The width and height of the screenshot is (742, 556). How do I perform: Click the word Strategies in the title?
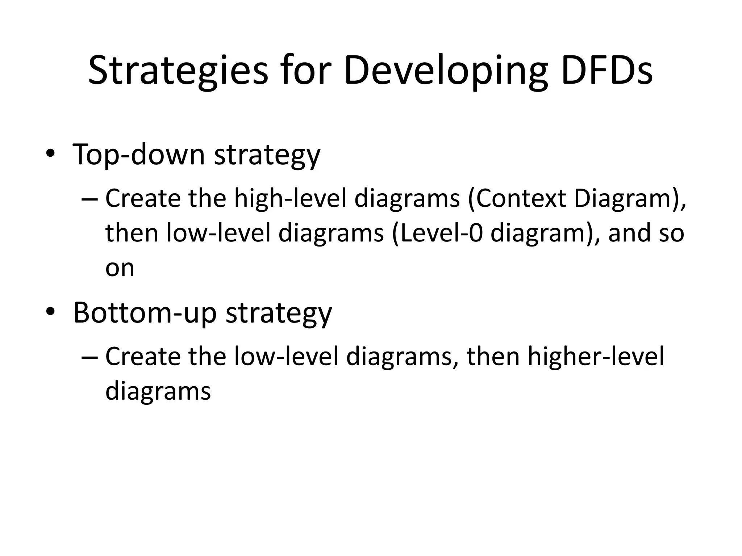(x=178, y=71)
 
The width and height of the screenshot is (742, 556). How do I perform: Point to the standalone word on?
(x=120, y=268)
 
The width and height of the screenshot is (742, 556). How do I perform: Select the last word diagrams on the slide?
(x=158, y=391)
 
